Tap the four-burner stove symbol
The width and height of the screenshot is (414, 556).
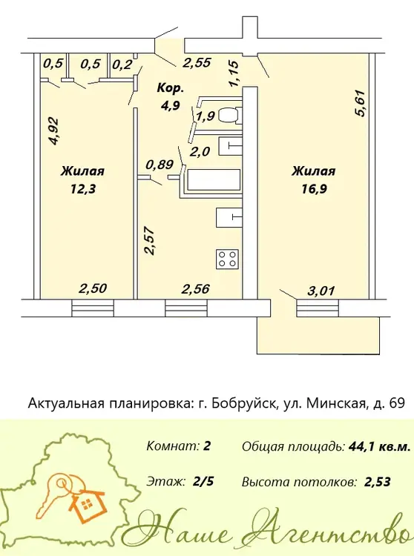pyautogui.click(x=227, y=259)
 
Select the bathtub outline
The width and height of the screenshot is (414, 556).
pyautogui.click(x=214, y=181)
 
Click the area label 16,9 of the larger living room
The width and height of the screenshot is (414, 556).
pyautogui.click(x=314, y=189)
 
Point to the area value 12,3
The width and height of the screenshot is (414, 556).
pyautogui.click(x=83, y=189)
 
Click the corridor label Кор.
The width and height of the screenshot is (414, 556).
pyautogui.click(x=171, y=88)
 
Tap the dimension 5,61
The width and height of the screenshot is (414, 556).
pyautogui.click(x=361, y=104)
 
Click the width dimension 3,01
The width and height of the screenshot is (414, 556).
pyautogui.click(x=321, y=291)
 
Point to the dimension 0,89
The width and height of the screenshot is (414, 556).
pyautogui.click(x=160, y=165)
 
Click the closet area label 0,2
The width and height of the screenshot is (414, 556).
pyautogui.click(x=122, y=65)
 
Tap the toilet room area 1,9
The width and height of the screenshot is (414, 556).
pyautogui.click(x=206, y=116)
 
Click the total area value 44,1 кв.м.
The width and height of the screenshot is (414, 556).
pyautogui.click(x=379, y=446)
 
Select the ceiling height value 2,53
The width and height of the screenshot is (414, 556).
pyautogui.click(x=378, y=482)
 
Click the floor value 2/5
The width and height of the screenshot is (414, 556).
pyautogui.click(x=203, y=482)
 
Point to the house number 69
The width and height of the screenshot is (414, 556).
pyautogui.click(x=397, y=403)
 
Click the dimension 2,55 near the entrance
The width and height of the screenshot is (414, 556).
pyautogui.click(x=197, y=63)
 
